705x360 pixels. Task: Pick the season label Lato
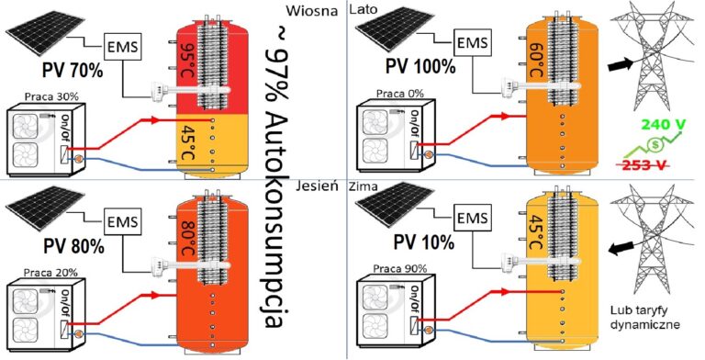click(364, 9)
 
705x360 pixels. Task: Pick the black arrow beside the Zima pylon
click(621, 246)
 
